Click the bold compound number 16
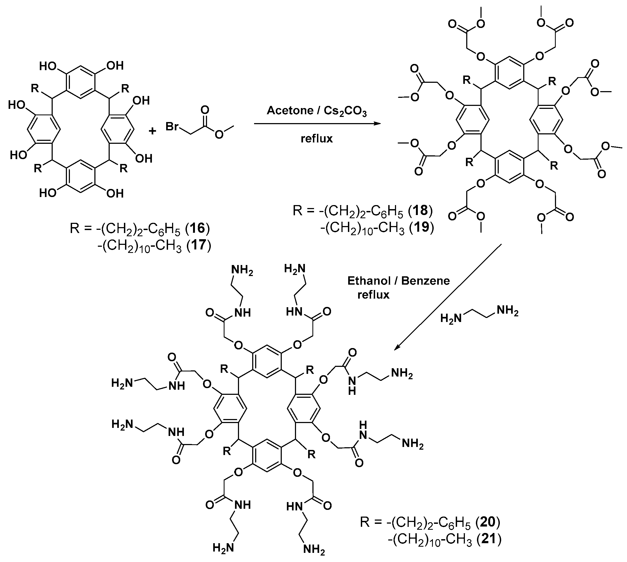[x=197, y=228]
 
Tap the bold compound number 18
[x=420, y=211]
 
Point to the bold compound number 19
[x=422, y=228]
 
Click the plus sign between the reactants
[x=152, y=131]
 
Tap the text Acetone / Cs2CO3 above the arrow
[x=316, y=111]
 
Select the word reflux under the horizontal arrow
[x=316, y=139]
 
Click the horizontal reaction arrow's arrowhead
[x=377, y=124]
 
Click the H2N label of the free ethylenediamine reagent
[x=451, y=318]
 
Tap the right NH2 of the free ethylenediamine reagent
[x=507, y=311]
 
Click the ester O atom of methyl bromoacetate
[x=219, y=135]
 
